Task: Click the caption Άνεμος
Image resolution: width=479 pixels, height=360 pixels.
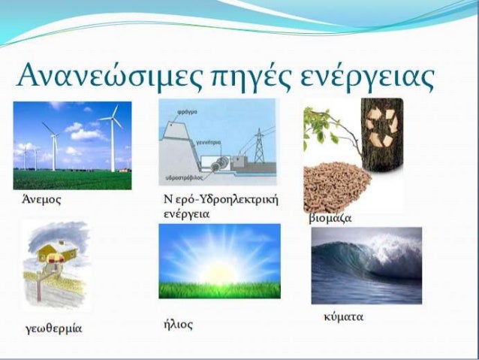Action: click(x=41, y=201)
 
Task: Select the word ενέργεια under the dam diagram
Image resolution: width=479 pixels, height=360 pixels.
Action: click(x=185, y=213)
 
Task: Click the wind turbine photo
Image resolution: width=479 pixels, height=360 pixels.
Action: click(x=72, y=144)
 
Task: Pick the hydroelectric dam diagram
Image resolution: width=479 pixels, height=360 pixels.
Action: click(x=218, y=142)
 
